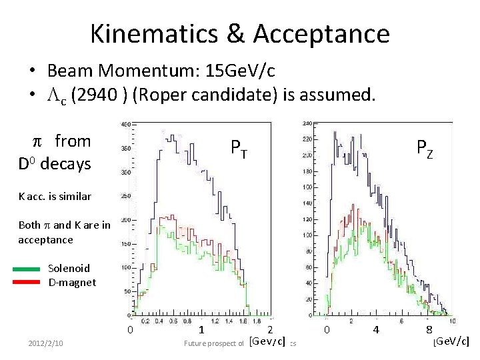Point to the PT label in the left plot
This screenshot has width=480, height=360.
click(x=239, y=147)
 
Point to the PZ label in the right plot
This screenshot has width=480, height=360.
click(x=425, y=147)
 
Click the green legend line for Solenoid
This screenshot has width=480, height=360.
click(x=27, y=269)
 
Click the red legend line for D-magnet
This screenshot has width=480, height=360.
click(x=27, y=282)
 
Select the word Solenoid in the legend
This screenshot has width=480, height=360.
click(x=69, y=268)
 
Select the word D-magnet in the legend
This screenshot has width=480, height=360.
click(x=72, y=282)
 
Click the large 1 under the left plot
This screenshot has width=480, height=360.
click(x=201, y=330)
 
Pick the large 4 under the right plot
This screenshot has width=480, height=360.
click(x=376, y=330)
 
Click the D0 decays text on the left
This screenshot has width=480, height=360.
click(x=54, y=163)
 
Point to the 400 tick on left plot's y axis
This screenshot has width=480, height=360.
click(x=125, y=125)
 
